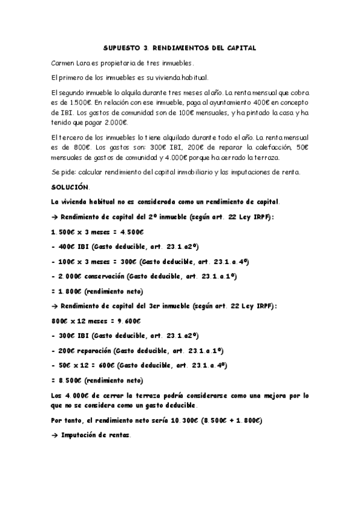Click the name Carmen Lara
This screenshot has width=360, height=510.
pyautogui.click(x=71, y=63)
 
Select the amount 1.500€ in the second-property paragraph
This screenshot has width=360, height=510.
pyautogui.click(x=73, y=102)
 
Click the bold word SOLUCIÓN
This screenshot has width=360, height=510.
pyautogui.click(x=70, y=187)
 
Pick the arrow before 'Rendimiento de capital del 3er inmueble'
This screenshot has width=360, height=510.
pyautogui.click(x=55, y=306)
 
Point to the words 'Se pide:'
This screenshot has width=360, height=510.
pyautogui.click(x=64, y=173)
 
